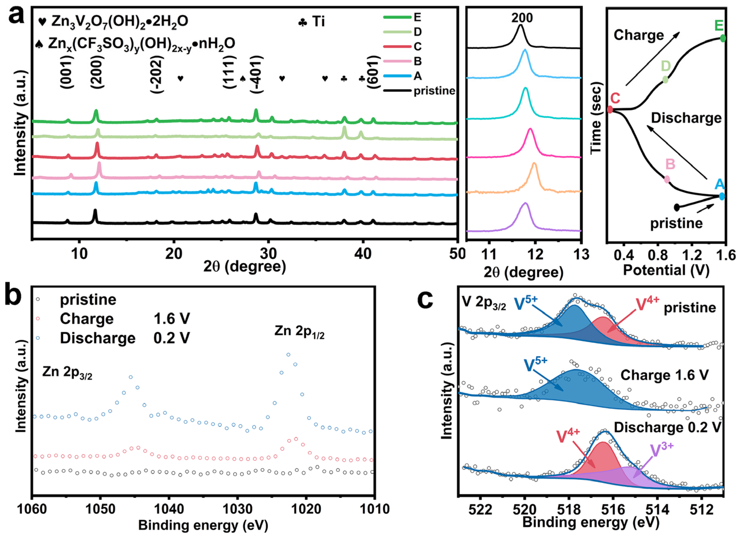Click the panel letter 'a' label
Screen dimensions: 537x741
click(16, 15)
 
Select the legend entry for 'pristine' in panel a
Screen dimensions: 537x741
click(434, 91)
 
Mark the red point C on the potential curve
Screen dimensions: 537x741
click(610, 109)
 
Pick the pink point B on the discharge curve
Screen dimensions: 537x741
click(667, 179)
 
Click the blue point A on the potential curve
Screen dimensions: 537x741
click(722, 196)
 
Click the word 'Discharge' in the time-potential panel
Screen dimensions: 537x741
click(686, 118)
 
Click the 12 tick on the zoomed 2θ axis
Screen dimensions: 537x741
click(535, 255)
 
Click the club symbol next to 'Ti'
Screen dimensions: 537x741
click(303, 22)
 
